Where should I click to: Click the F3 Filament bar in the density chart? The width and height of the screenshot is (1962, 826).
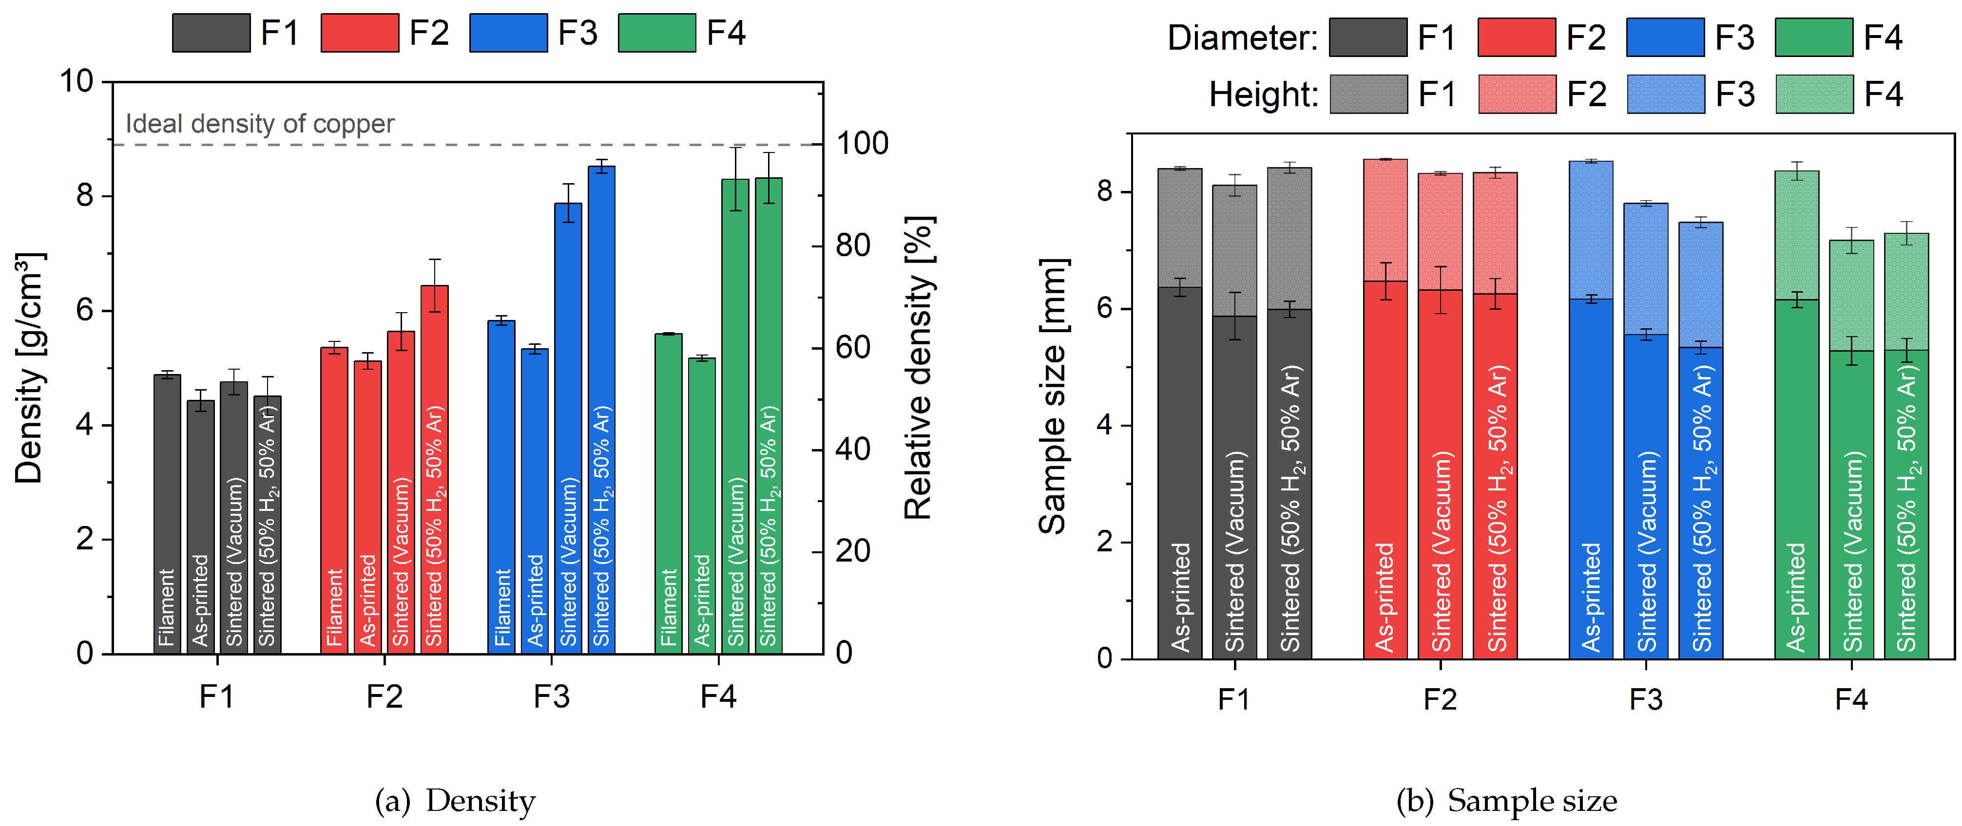pyautogui.click(x=501, y=487)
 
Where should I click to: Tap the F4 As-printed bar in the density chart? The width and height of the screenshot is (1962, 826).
pyautogui.click(x=701, y=506)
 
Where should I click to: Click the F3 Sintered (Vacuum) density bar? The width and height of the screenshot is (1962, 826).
pyautogui.click(x=567, y=426)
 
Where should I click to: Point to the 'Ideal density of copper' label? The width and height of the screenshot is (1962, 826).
pyautogui.click(x=260, y=123)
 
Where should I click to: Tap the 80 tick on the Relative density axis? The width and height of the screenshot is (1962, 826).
pyautogui.click(x=852, y=246)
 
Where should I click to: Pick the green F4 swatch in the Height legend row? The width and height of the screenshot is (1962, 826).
pyautogui.click(x=1814, y=94)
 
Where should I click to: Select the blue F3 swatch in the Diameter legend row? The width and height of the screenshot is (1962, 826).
pyautogui.click(x=1665, y=38)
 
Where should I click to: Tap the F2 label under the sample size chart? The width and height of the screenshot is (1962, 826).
pyautogui.click(x=1440, y=699)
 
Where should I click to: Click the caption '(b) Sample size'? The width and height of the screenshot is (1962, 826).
pyautogui.click(x=1506, y=800)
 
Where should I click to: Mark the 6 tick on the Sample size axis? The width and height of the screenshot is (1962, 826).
pyautogui.click(x=1104, y=308)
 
